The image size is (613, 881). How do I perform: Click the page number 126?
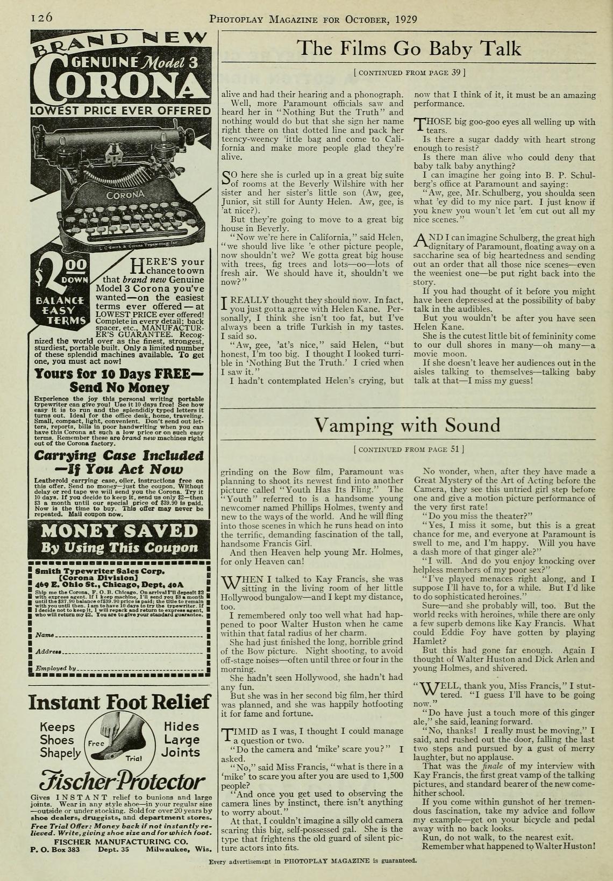coord(41,17)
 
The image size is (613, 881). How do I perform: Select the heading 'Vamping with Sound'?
coord(407,425)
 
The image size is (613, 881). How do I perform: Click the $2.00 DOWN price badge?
coord(61,274)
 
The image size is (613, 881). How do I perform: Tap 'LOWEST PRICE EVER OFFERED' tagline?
coord(120,111)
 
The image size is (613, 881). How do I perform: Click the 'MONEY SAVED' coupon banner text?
coord(119,531)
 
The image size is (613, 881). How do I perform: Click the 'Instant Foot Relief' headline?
coord(119,702)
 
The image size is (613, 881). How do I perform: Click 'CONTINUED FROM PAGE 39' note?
coord(409,71)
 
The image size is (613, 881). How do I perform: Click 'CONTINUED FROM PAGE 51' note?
coord(409,448)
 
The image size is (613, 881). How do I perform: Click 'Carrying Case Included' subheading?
coord(119,456)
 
